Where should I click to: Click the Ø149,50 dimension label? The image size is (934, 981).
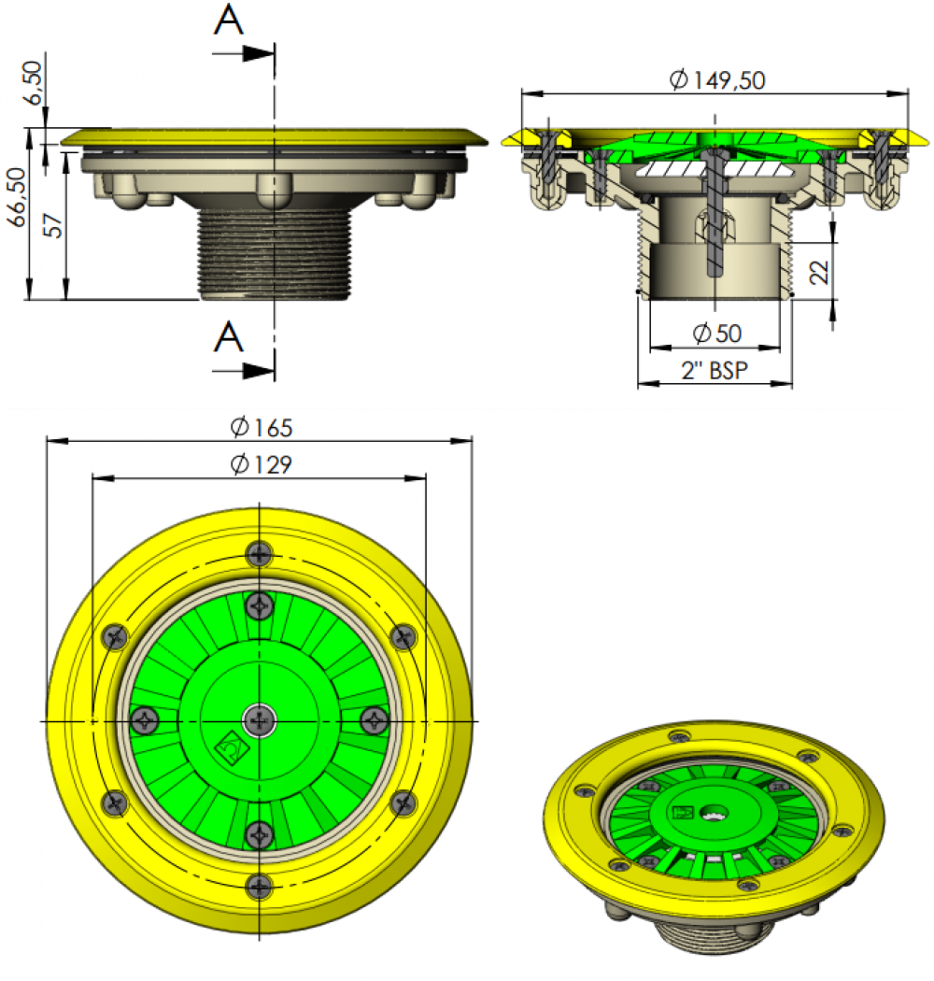717,80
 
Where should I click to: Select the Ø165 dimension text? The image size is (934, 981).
262,427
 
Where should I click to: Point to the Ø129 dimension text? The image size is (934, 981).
262,464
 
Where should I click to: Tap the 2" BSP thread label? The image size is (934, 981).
715,370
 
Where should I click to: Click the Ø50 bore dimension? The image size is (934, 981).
717,334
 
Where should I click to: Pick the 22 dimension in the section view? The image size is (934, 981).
819,272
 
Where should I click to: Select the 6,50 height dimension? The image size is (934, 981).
33,82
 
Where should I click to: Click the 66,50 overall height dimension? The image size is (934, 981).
18,197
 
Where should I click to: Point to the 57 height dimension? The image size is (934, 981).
53,225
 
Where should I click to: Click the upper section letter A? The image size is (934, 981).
228,20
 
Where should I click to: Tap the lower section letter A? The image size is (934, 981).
228,337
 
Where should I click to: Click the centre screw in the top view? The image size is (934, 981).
259,720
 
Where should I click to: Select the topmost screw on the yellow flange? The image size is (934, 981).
259,554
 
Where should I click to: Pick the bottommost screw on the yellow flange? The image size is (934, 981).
259,887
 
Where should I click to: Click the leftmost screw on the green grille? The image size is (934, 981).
145,720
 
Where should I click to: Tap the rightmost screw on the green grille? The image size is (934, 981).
375,720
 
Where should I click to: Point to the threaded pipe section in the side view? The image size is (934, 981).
275,253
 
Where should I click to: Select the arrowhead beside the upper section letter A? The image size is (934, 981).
259,53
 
